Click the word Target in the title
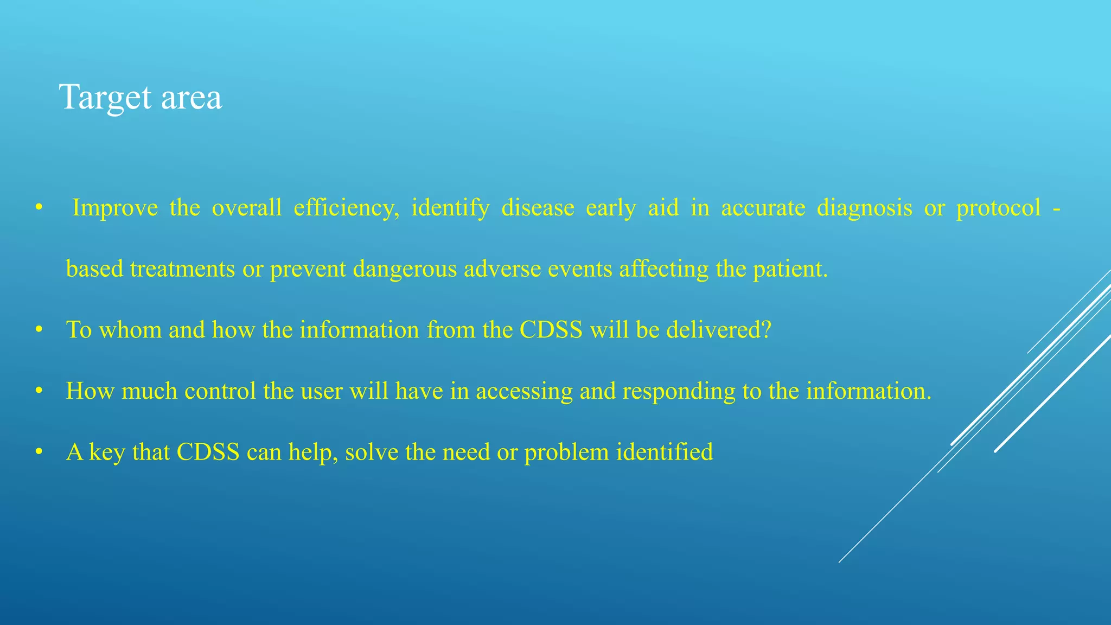(105, 98)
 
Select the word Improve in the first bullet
(115, 208)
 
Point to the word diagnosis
(864, 208)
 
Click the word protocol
(999, 208)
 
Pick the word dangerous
(405, 269)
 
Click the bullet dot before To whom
(39, 330)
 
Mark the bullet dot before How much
(39, 391)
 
